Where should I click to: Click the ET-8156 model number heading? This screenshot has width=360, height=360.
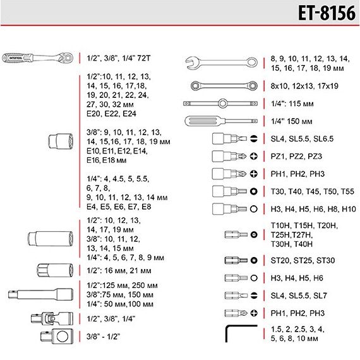click(327, 13)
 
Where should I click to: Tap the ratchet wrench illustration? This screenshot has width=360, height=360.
click(38, 58)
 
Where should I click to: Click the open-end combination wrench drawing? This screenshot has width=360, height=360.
click(221, 63)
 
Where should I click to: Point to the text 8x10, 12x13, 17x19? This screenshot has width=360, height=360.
click(304, 86)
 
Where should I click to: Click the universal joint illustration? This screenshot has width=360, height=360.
click(52, 318)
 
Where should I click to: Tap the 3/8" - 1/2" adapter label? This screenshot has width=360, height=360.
click(104, 337)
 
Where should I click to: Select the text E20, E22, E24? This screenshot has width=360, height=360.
click(111, 114)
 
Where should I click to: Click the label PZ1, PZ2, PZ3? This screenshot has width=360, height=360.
click(296, 157)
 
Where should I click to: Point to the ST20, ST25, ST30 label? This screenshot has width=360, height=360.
click(303, 261)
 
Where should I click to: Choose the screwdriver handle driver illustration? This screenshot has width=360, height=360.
click(221, 121)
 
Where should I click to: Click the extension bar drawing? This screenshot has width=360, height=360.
click(40, 294)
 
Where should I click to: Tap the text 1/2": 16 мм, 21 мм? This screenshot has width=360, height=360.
click(119, 271)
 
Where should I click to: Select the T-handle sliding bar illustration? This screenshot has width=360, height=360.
click(220, 104)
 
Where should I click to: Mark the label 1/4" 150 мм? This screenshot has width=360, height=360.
click(292, 121)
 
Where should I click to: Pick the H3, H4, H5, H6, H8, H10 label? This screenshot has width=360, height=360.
click(313, 209)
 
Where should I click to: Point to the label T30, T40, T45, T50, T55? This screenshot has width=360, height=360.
click(312, 191)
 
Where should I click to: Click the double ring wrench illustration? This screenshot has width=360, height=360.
click(224, 86)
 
